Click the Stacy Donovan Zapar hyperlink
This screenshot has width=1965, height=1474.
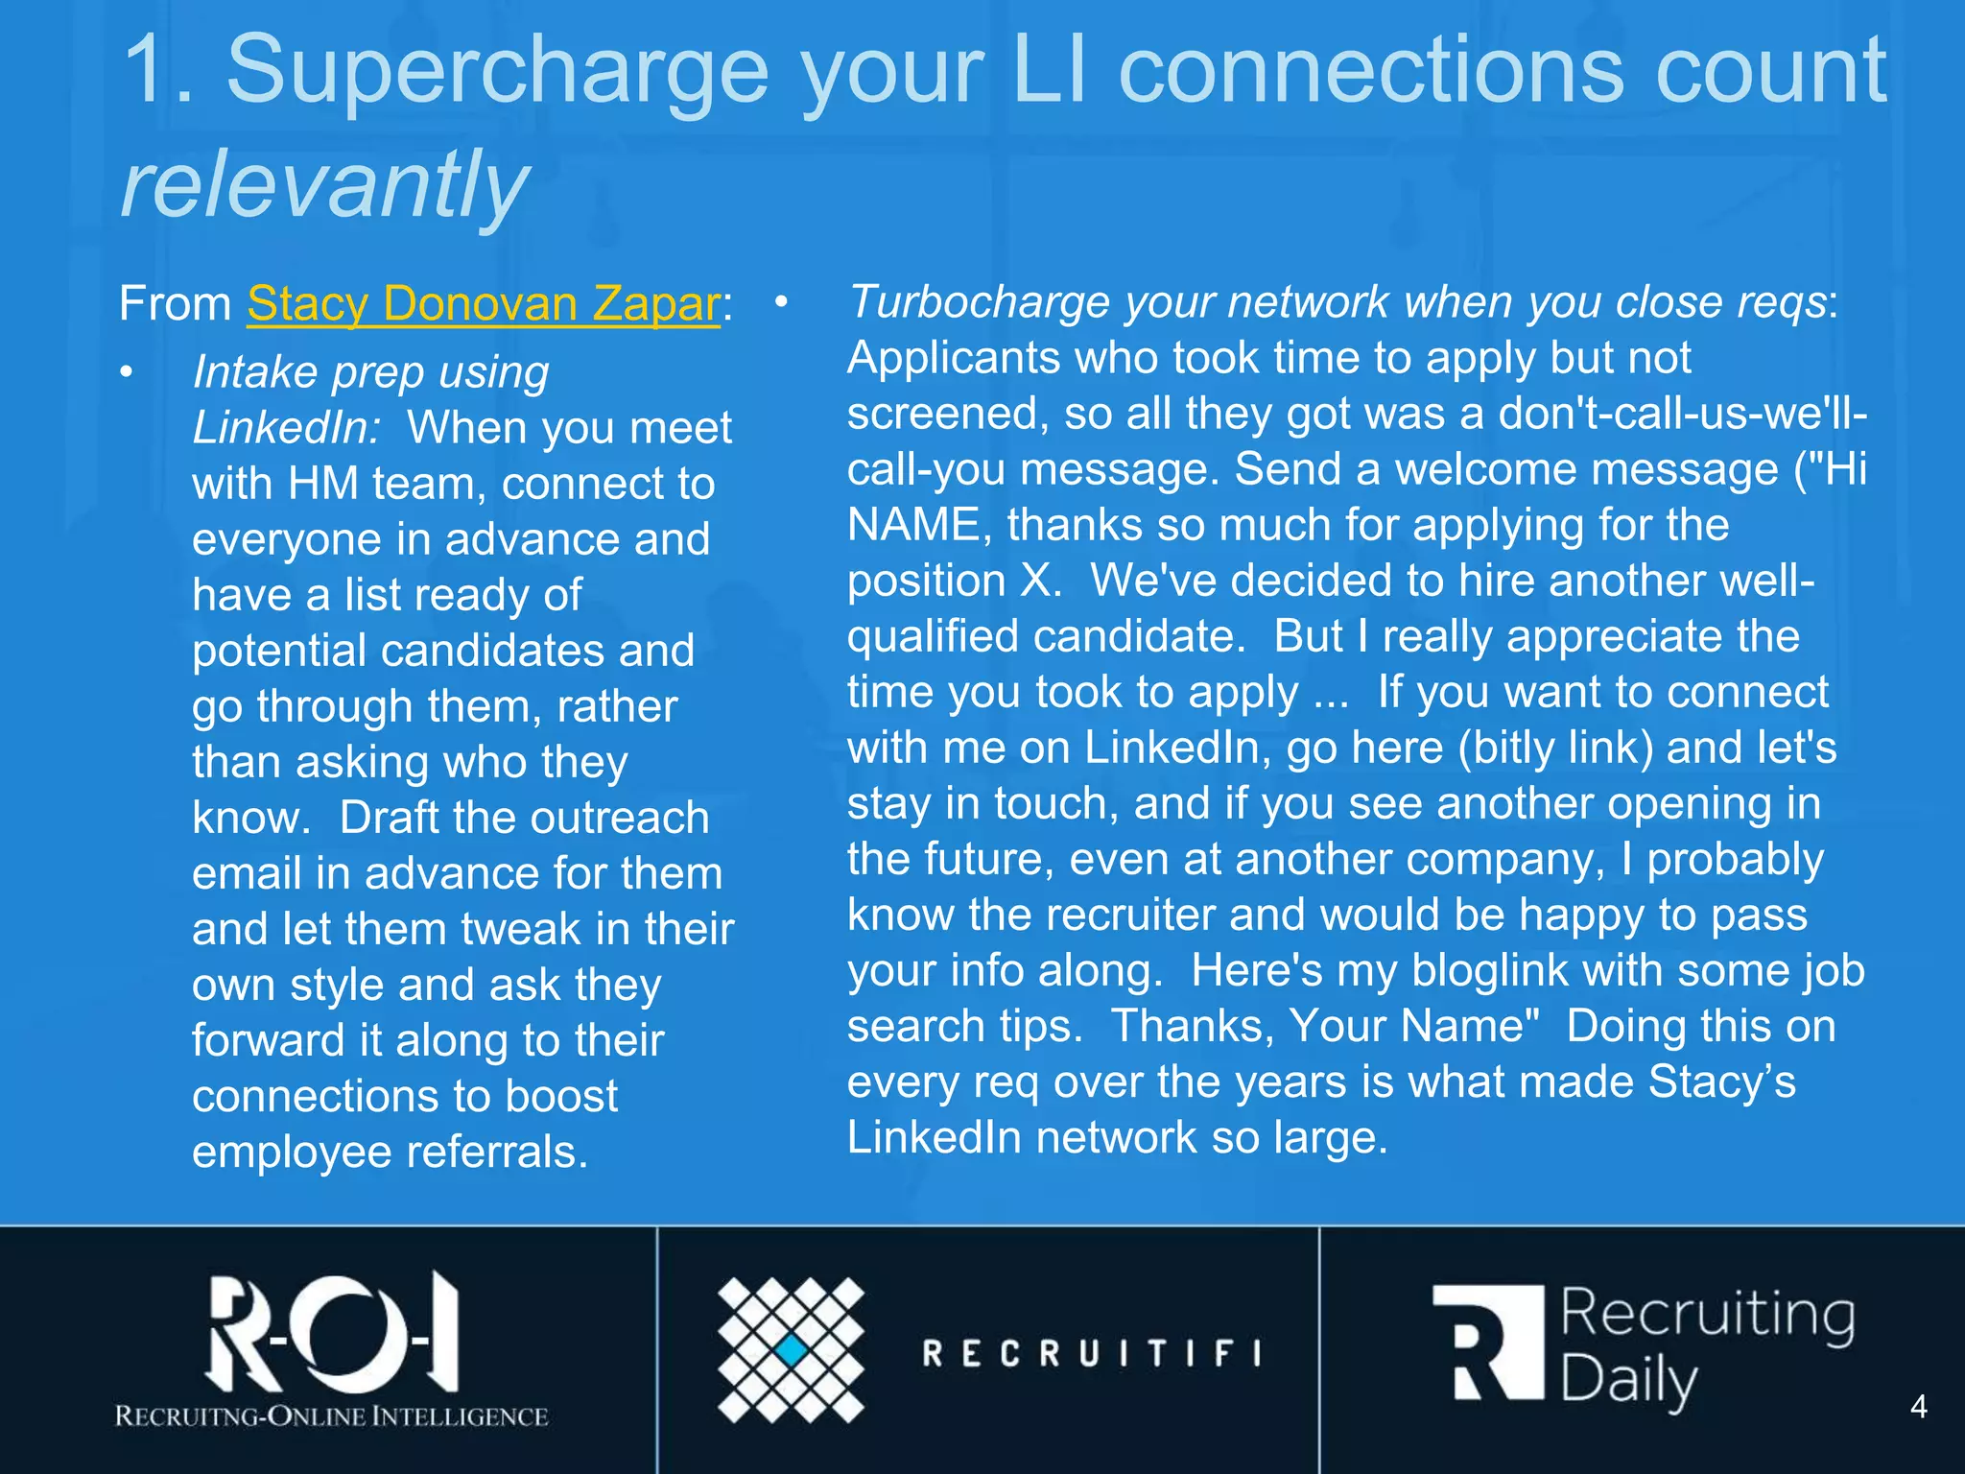(x=483, y=304)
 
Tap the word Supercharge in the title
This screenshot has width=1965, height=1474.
(x=497, y=69)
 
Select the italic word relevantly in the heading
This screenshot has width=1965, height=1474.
(x=324, y=182)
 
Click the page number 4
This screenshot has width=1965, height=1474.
(x=1918, y=1407)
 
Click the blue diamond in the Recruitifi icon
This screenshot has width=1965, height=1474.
(x=792, y=1350)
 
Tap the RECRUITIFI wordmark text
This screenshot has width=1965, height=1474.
(x=1092, y=1353)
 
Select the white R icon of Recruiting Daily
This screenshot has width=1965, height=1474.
(x=1488, y=1342)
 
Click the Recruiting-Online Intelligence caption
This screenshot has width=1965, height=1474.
(x=331, y=1416)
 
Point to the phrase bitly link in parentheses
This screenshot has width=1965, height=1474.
(x=1555, y=748)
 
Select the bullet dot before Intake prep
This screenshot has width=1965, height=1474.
(x=127, y=372)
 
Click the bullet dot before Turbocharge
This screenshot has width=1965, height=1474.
(x=781, y=302)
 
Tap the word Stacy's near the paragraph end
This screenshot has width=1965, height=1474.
(x=1721, y=1082)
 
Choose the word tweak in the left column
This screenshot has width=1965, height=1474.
(x=521, y=929)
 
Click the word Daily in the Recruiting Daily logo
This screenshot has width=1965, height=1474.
(x=1628, y=1382)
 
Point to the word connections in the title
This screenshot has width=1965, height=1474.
(x=1370, y=69)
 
